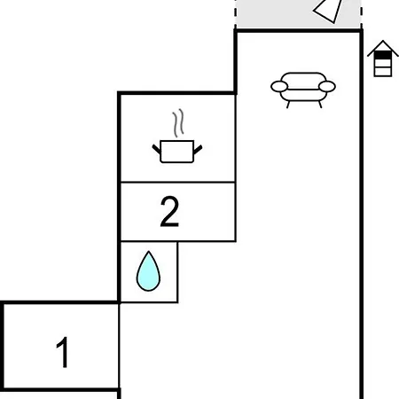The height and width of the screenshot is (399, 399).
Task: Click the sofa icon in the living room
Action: (x=303, y=90)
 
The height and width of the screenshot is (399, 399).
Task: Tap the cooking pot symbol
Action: (x=177, y=152)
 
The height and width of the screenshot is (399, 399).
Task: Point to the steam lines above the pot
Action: (x=178, y=123)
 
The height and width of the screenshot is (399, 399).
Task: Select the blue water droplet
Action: (x=148, y=272)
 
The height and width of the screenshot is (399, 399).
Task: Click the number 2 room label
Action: (x=169, y=212)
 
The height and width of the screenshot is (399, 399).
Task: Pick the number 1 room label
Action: (x=63, y=352)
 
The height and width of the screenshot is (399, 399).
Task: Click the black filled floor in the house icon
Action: (x=383, y=55)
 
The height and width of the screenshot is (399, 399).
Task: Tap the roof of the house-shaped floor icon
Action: (x=383, y=47)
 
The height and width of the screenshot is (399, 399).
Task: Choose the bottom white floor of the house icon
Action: (x=383, y=72)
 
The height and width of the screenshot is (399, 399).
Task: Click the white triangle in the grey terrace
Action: (x=329, y=11)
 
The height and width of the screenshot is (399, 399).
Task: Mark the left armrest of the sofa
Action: (x=279, y=87)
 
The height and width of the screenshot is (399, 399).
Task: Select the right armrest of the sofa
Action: (x=327, y=87)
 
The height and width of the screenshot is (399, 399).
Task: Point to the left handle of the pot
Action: (x=157, y=149)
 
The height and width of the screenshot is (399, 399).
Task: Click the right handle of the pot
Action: (x=198, y=150)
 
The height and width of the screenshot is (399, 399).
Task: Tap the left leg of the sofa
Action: (x=288, y=105)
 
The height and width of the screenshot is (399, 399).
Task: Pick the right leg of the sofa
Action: (x=320, y=105)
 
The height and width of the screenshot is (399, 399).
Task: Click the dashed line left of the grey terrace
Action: (x=236, y=14)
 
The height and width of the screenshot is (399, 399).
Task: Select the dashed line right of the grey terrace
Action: (x=362, y=14)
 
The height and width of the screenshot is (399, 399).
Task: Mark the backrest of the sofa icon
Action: (x=303, y=81)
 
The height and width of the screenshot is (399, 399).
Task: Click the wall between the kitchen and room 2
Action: (x=177, y=182)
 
